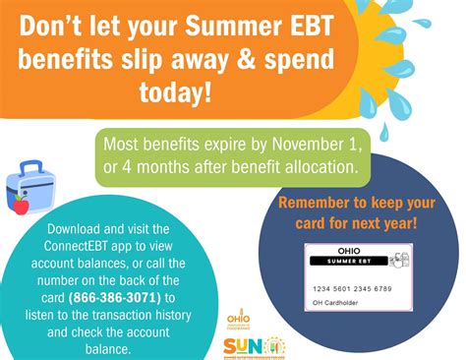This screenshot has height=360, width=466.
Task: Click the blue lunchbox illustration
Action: tap(30, 187)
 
